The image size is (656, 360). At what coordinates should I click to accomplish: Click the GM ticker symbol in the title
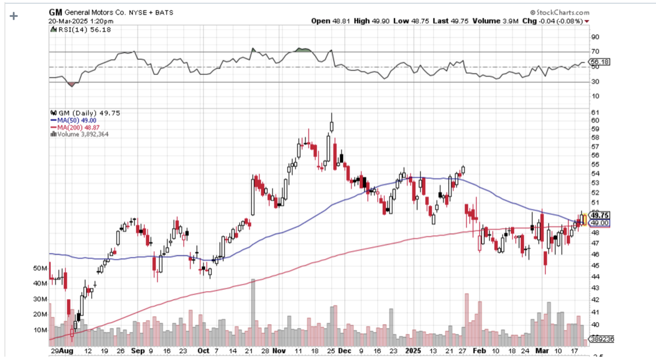pos(55,12)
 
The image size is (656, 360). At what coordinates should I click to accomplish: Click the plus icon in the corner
pos(14,16)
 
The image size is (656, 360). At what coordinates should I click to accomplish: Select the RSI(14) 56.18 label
pos(80,30)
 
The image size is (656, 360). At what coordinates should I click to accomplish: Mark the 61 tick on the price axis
pos(595,112)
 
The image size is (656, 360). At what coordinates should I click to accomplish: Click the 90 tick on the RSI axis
pos(595,37)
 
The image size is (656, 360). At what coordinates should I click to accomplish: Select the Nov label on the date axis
pos(278,350)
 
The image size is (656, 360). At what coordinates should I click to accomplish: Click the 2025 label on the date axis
pos(414,350)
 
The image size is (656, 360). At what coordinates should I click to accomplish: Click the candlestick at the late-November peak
pos(331,124)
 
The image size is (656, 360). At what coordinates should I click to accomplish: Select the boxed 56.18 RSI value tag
pos(600,62)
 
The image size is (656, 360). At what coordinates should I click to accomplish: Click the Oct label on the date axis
pos(203,350)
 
